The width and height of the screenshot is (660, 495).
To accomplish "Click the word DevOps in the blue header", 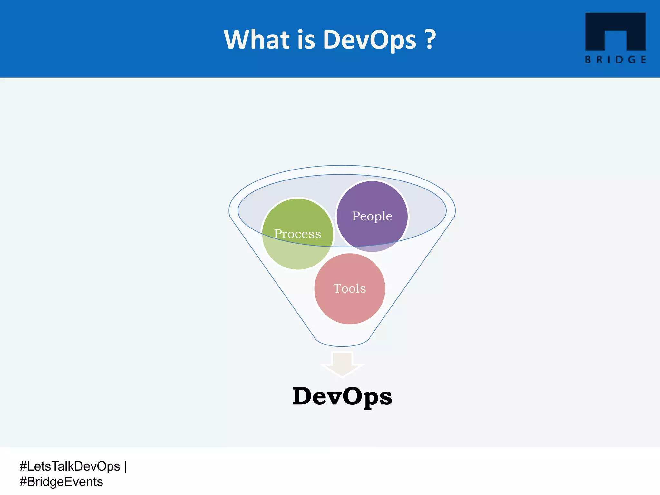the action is click(370, 40).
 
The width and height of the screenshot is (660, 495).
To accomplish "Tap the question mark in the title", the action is click(430, 40).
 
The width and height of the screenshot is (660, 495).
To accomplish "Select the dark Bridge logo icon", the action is click(615, 31).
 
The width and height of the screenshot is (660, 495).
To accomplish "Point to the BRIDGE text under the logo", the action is click(615, 60).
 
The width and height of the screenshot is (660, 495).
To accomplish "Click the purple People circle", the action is click(372, 197).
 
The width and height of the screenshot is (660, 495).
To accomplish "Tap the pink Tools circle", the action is click(350, 306).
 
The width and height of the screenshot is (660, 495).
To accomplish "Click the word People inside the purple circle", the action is click(372, 216).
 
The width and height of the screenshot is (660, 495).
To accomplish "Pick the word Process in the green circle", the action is click(297, 234).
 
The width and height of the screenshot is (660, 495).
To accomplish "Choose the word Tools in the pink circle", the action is click(350, 288).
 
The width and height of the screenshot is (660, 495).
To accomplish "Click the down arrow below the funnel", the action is click(342, 364).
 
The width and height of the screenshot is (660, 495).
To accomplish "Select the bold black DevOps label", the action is click(342, 396).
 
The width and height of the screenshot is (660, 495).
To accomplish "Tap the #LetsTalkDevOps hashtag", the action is click(70, 466).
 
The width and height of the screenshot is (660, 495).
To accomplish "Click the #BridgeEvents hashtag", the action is click(61, 482).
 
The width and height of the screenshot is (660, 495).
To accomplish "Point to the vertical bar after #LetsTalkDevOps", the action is click(125, 466).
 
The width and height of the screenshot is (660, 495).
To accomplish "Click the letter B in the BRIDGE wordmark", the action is click(588, 60).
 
